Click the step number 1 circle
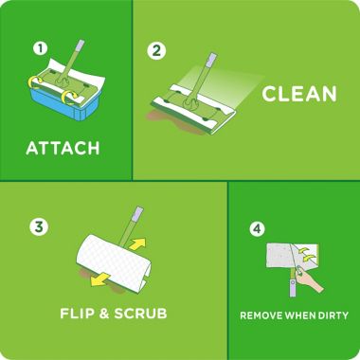pos(39,47)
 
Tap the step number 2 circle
pos(157,50)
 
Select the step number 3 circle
pos(39,226)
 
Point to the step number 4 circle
pos(256,228)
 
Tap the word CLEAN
pos(299,93)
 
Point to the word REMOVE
pos(261,315)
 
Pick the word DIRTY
pos(329,315)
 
